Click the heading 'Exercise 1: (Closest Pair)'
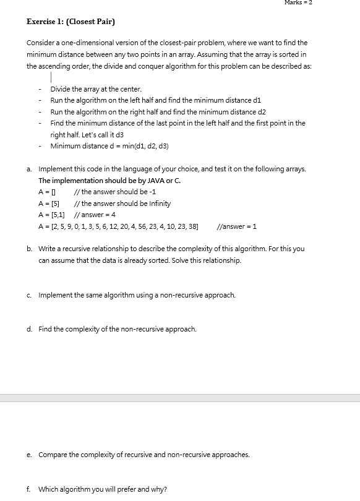pyautogui.click(x=71, y=22)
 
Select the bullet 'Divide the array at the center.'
pyautogui.click(x=96, y=89)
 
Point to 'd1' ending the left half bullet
pyautogui.click(x=249, y=100)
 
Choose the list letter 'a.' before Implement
pyautogui.click(x=30, y=169)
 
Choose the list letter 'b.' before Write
pyautogui.click(x=30, y=249)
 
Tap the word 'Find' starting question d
pyautogui.click(x=45, y=329)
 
